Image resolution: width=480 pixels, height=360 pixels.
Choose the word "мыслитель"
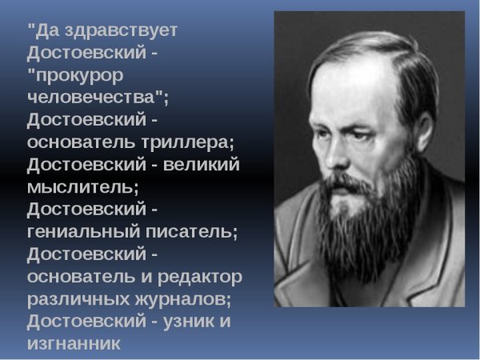[x=81, y=188]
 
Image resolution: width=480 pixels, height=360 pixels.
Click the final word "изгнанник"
[x=73, y=345]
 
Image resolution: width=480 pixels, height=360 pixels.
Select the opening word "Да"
[x=42, y=30]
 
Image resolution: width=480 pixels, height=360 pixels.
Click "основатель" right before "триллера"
[x=75, y=143]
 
